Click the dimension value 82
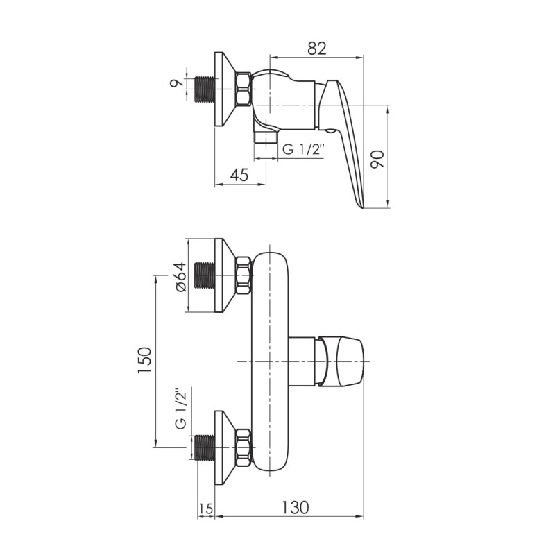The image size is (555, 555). click(x=316, y=48)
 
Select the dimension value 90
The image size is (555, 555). click(x=377, y=160)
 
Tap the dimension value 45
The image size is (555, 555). click(x=239, y=175)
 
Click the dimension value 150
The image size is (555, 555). click(x=144, y=360)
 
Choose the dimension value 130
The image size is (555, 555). click(x=296, y=508)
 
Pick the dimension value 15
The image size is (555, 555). click(x=205, y=509)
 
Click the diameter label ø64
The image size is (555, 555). click(x=180, y=277)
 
